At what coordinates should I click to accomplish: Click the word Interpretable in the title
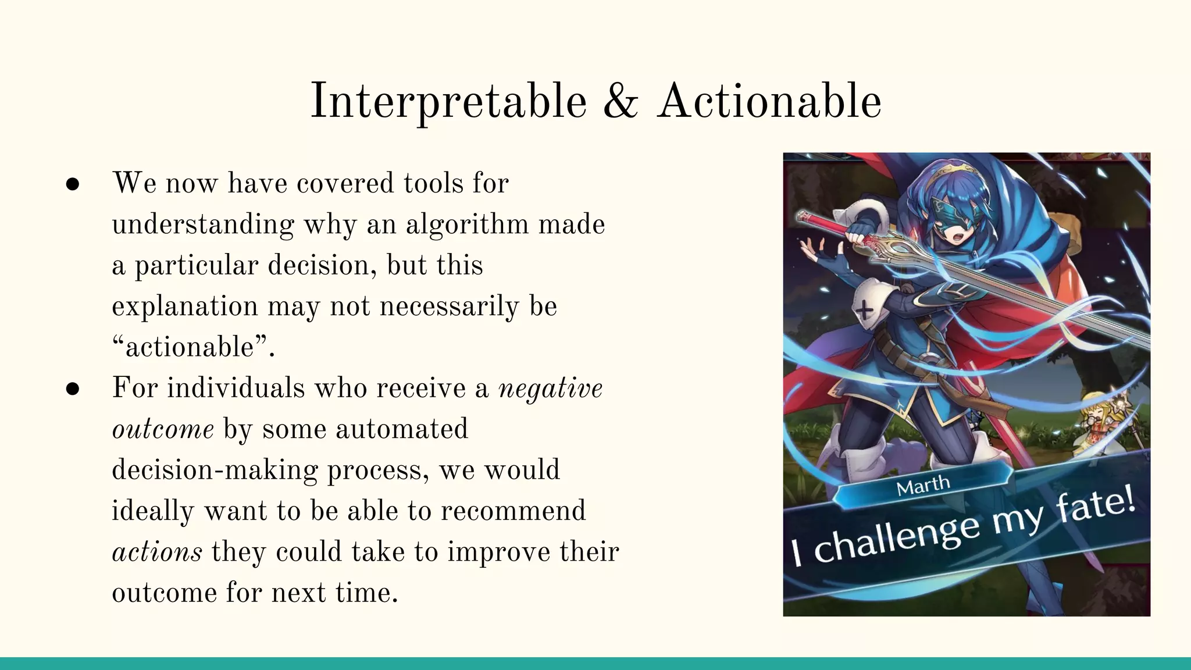tap(448, 102)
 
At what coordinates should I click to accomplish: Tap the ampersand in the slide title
tap(621, 102)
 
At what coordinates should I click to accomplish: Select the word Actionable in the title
tap(769, 102)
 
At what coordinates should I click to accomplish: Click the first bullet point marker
tap(73, 184)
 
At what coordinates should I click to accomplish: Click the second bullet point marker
tap(73, 389)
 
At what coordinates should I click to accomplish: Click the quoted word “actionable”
tap(192, 348)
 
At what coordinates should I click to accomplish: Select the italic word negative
tap(550, 389)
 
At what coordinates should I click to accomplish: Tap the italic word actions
tap(157, 552)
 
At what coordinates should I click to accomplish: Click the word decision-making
tap(215, 470)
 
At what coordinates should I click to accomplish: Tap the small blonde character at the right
tap(1100, 430)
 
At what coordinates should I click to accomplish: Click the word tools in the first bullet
tap(433, 183)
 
